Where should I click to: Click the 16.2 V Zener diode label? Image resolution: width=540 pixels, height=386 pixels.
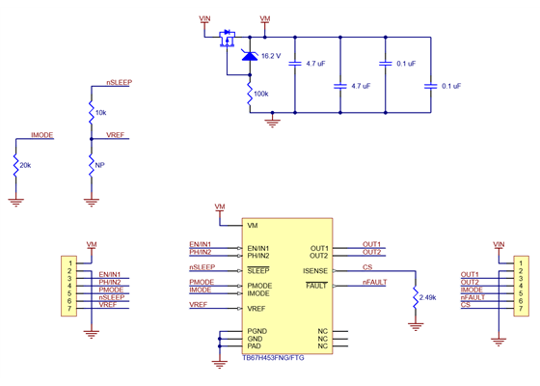(x=270, y=56)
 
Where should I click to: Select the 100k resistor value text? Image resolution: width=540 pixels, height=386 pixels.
(x=261, y=94)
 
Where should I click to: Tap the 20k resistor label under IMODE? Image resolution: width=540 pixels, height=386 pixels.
(x=26, y=165)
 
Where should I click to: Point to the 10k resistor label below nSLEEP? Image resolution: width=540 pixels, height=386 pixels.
(x=101, y=113)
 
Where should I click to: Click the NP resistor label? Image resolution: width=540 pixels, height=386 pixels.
(x=99, y=165)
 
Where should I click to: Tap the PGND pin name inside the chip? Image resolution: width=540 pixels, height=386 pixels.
(x=257, y=331)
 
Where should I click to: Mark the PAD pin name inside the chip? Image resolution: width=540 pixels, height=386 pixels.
(x=255, y=345)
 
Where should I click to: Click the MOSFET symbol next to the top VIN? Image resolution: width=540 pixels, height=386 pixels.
(x=229, y=40)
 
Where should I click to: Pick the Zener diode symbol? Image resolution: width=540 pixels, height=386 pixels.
(x=250, y=57)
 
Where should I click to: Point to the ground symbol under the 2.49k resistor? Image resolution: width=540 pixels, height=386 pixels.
(x=416, y=325)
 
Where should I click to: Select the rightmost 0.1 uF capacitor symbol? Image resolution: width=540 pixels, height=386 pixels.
(x=430, y=85)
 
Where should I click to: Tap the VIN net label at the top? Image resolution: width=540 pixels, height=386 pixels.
(x=204, y=18)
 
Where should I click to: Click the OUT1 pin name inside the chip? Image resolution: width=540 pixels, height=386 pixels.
(x=320, y=249)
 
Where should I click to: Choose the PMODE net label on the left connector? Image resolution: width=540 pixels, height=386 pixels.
(x=111, y=289)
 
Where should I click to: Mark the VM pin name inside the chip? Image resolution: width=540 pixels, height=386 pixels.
(x=253, y=226)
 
